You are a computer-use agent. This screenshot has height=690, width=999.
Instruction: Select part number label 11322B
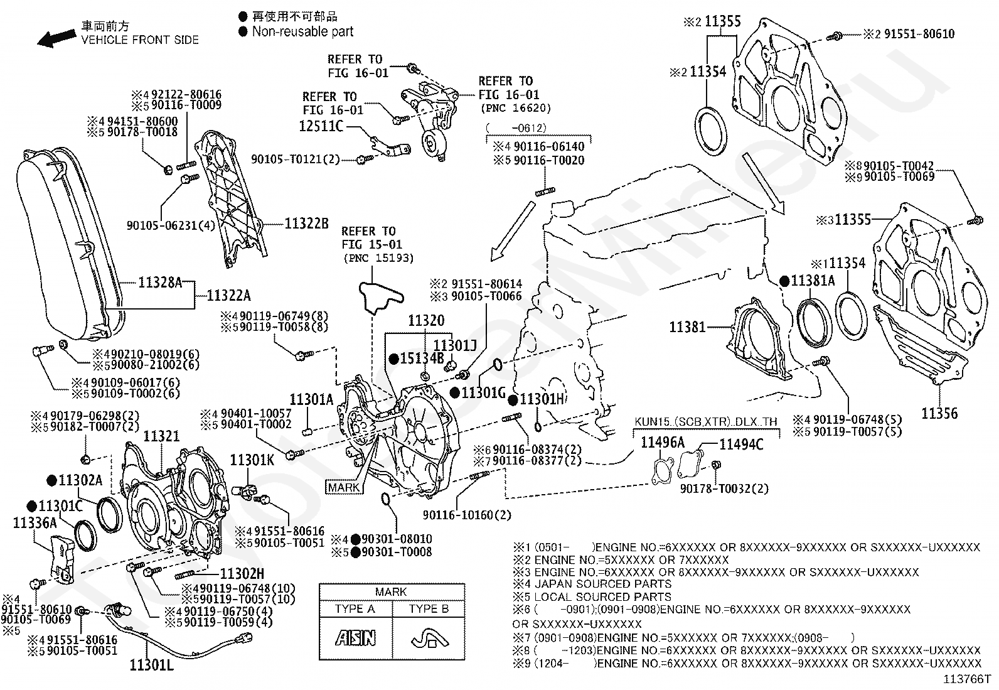(306, 224)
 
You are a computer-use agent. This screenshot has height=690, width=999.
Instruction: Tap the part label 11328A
(159, 283)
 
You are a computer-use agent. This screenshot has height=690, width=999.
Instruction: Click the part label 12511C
(321, 126)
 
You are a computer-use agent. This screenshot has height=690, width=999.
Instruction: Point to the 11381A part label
(813, 281)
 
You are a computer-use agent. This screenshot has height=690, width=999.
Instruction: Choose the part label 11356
(939, 413)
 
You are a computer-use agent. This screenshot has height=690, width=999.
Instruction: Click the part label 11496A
(662, 443)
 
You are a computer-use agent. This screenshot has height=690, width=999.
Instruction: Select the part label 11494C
(741, 445)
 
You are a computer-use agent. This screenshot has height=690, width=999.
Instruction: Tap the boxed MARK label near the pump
(344, 487)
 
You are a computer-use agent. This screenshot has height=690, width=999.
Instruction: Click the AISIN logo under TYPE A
(355, 639)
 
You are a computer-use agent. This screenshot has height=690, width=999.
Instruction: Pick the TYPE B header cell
(429, 608)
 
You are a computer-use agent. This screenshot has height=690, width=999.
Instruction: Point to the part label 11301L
(152, 663)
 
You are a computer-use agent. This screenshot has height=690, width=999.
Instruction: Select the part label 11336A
(35, 522)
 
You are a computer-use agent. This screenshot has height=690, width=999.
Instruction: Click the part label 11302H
(242, 573)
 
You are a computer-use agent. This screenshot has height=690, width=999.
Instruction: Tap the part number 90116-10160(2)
(466, 515)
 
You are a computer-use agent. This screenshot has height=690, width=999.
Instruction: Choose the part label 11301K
(252, 460)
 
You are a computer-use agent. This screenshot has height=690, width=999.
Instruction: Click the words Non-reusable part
(302, 31)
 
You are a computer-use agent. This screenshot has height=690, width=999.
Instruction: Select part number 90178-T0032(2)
(724, 488)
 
